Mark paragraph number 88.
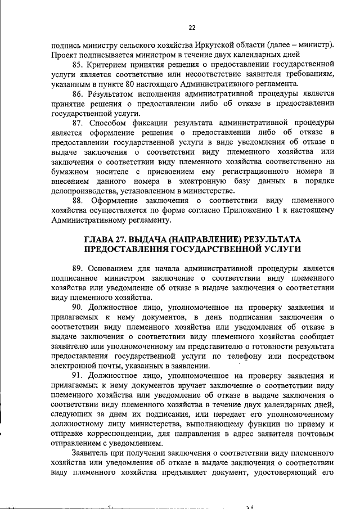[x=78, y=200]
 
